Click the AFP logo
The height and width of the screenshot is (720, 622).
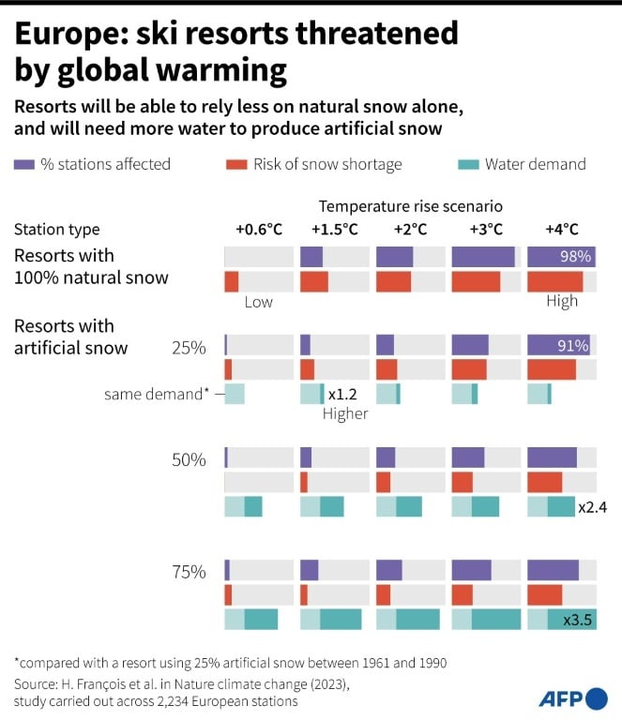tap(572, 698)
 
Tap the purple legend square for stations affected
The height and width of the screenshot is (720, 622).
tap(24, 165)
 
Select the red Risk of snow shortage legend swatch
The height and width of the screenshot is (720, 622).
tap(236, 165)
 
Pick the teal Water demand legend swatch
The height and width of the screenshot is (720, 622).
tap(467, 165)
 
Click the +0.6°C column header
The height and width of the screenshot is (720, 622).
tap(259, 230)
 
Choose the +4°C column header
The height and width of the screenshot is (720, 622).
tap(561, 230)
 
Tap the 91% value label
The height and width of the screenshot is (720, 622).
tap(572, 346)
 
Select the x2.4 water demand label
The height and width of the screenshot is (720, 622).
tap(593, 507)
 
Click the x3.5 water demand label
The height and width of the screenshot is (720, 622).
tap(576, 620)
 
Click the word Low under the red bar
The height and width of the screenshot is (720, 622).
tap(258, 302)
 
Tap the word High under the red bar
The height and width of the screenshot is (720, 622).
tap(562, 302)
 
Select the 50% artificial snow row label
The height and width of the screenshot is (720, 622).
tap(188, 459)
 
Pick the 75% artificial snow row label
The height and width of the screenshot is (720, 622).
tap(188, 572)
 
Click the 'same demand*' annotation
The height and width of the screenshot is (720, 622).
tap(157, 395)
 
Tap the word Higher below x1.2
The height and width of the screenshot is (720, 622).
tap(345, 413)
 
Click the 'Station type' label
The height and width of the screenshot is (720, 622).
tap(56, 230)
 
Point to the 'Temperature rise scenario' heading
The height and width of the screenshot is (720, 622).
tap(410, 205)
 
